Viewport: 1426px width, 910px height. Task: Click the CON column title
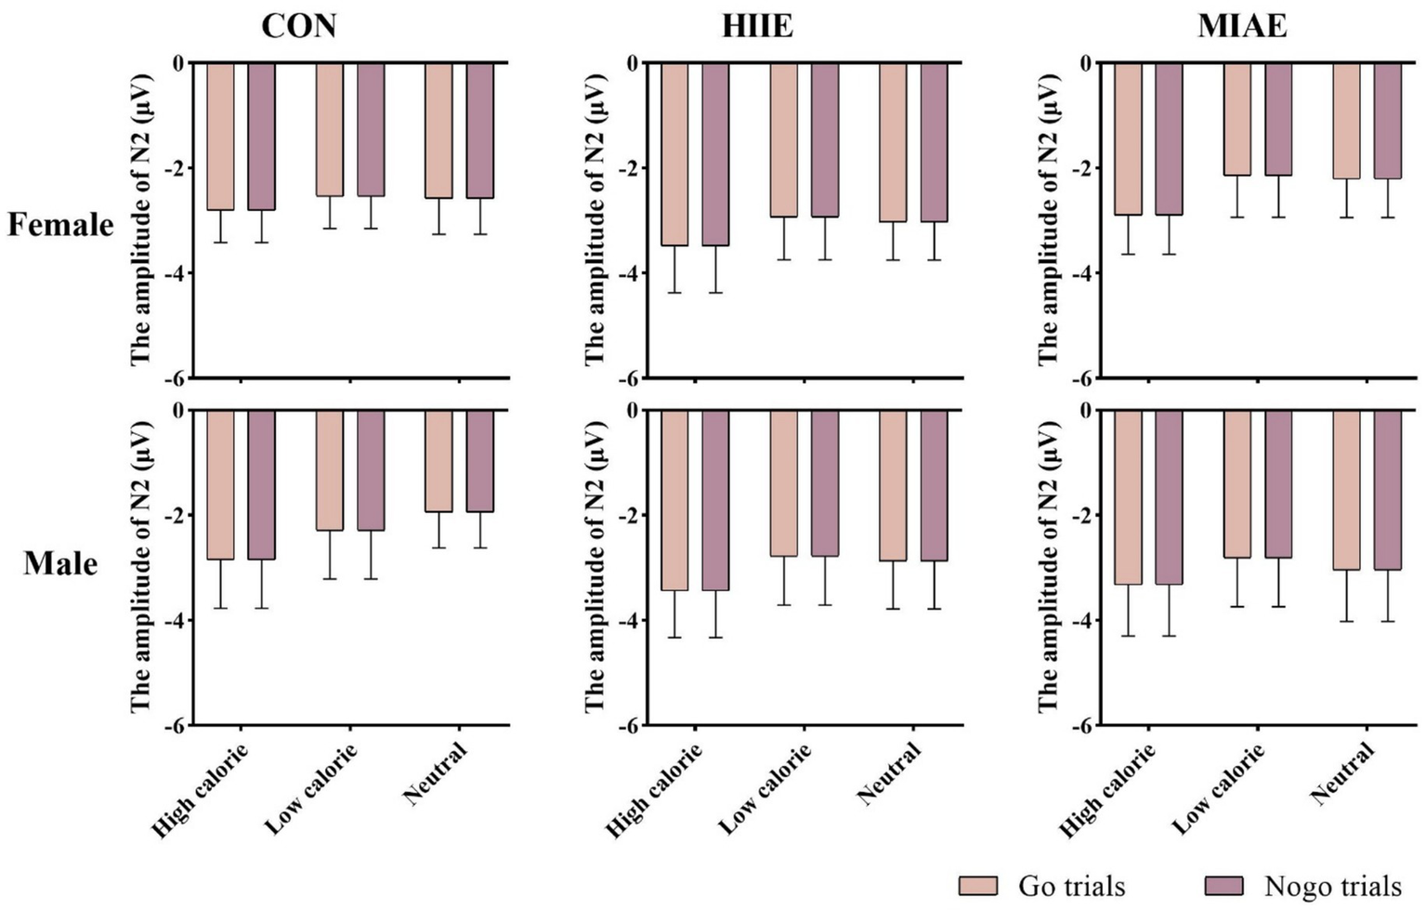click(x=298, y=25)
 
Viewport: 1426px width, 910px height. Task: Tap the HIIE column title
click(x=757, y=25)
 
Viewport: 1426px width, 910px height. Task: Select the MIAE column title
click(x=1242, y=25)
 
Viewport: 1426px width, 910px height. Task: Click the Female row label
click(x=60, y=225)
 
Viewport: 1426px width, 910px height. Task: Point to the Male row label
click(x=60, y=563)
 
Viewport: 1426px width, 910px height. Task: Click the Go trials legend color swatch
click(x=977, y=886)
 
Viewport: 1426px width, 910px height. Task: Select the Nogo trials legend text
click(x=1332, y=886)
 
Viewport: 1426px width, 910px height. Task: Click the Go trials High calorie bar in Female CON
click(x=220, y=137)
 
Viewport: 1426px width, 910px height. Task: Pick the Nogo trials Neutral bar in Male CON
click(x=480, y=461)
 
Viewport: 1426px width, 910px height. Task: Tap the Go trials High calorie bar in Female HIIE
click(x=674, y=154)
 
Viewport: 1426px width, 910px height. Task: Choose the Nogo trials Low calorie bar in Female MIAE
click(x=1278, y=119)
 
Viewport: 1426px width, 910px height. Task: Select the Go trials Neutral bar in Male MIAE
click(x=1346, y=490)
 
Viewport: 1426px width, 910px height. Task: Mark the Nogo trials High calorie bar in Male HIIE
click(x=715, y=500)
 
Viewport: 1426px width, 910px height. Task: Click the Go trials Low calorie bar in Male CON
click(x=330, y=470)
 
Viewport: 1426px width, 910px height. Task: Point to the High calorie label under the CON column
click(x=201, y=790)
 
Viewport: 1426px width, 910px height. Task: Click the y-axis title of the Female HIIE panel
click(x=595, y=219)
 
